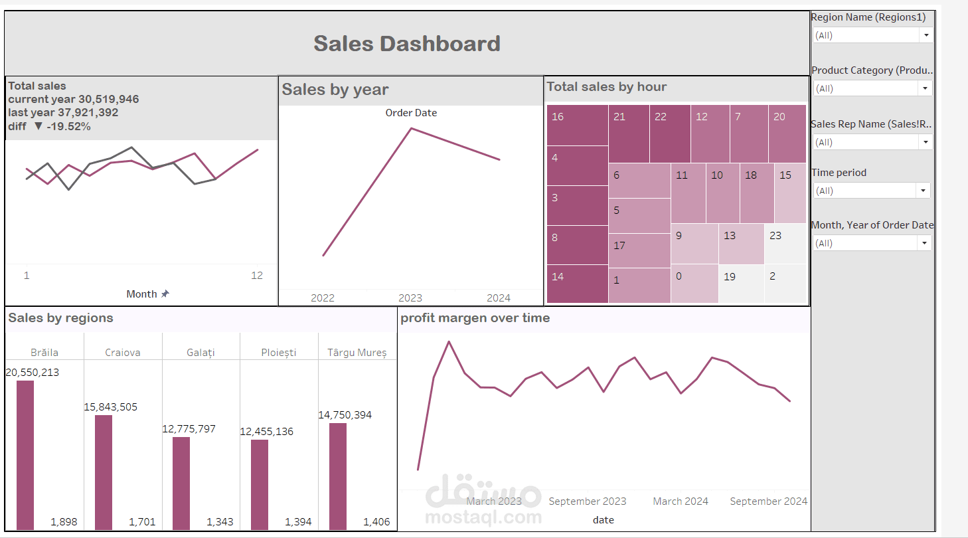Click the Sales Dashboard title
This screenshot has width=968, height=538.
pos(407,44)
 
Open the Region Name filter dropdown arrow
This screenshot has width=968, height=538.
pos(926,35)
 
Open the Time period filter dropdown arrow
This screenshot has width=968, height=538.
pos(923,191)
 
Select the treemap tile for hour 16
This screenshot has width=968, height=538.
pos(577,125)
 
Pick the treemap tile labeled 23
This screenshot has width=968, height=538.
pos(785,243)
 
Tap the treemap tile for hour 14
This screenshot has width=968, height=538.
pos(577,284)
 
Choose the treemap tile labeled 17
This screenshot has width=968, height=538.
pos(639,250)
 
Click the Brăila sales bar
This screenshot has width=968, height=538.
pos(25,455)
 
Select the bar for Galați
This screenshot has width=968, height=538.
pos(181,483)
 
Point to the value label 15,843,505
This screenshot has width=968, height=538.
pos(111,407)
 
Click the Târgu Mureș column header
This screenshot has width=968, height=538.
pos(357,353)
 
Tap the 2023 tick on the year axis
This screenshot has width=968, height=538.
pos(410,298)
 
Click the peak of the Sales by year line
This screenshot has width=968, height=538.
pos(412,128)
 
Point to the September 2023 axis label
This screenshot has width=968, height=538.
pos(588,501)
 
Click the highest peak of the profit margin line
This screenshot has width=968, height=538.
pos(449,342)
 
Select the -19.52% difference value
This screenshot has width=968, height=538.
pos(68,126)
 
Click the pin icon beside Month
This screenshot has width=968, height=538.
pos(165,294)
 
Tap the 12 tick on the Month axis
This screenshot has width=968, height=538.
pos(257,276)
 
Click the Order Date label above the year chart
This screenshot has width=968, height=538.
pos(411,113)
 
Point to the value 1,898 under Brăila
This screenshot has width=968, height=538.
pos(64,522)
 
